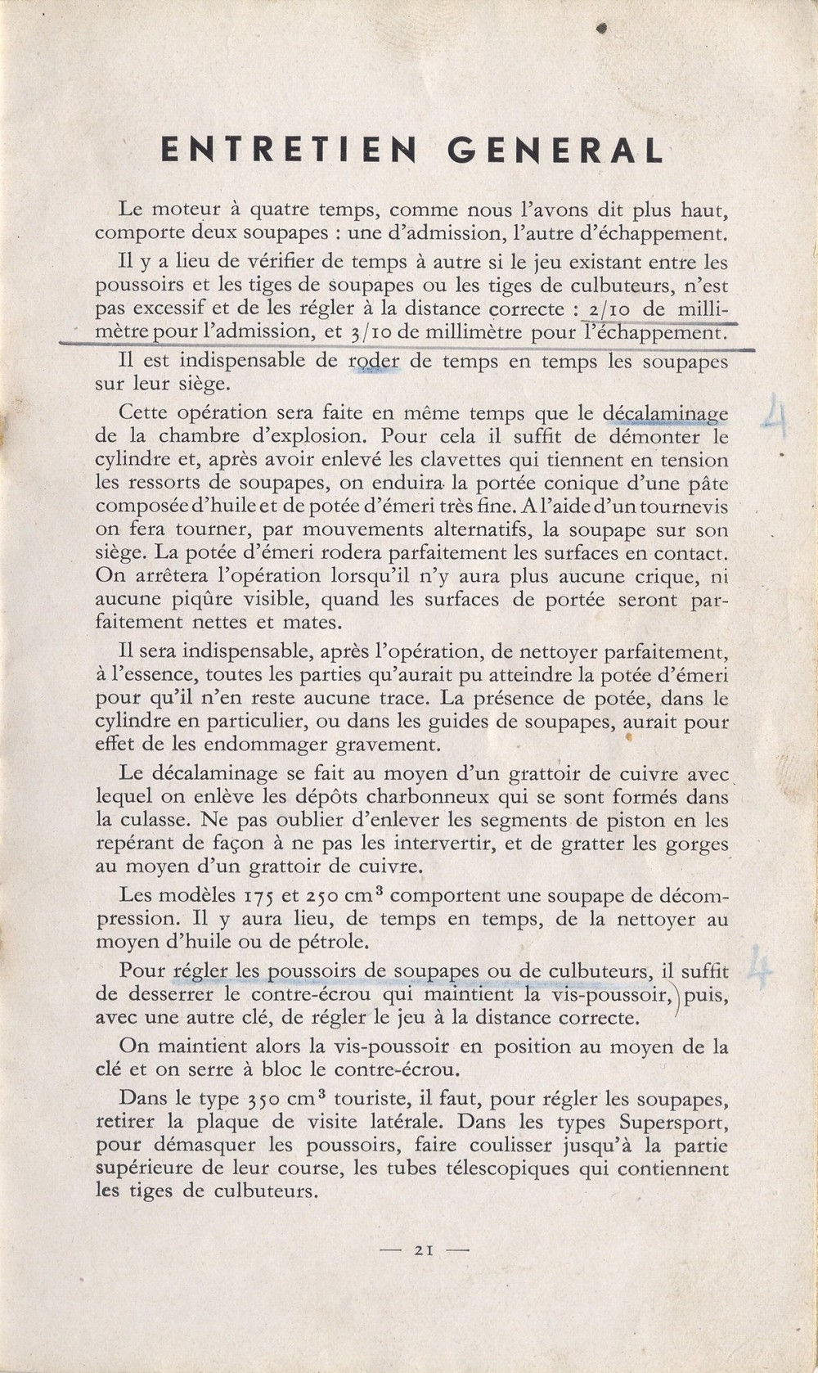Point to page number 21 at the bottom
423,1249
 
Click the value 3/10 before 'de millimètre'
374,333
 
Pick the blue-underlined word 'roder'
374,361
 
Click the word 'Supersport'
672,1122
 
